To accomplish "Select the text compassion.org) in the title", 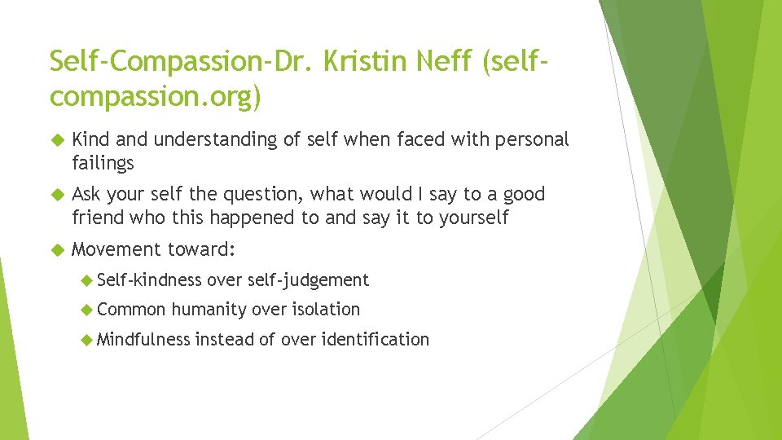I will (x=156, y=97).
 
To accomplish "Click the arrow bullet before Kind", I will (x=56, y=140).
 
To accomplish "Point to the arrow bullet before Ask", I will (x=56, y=195).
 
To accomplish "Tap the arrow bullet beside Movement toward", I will (x=56, y=249).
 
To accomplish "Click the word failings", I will (x=103, y=163).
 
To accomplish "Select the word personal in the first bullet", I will (x=530, y=140).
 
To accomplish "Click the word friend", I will (x=98, y=218).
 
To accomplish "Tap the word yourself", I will (x=472, y=218).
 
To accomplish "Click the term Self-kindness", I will (x=149, y=280).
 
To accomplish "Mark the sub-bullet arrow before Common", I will (x=87, y=310).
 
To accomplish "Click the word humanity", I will (x=209, y=310).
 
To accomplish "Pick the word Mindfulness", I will (x=143, y=339).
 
